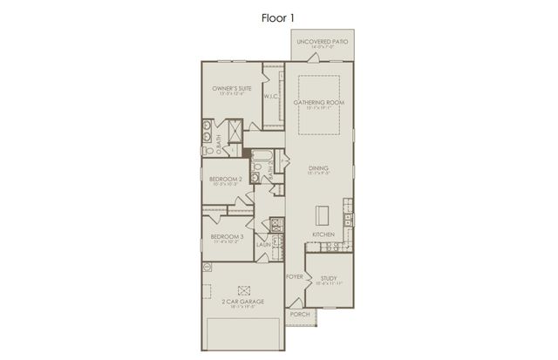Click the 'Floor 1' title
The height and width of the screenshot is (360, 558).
coord(278,16)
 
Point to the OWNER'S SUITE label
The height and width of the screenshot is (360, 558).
coord(231,90)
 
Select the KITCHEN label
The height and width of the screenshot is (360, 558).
coord(324,235)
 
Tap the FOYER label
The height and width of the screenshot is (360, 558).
coord(295,276)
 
